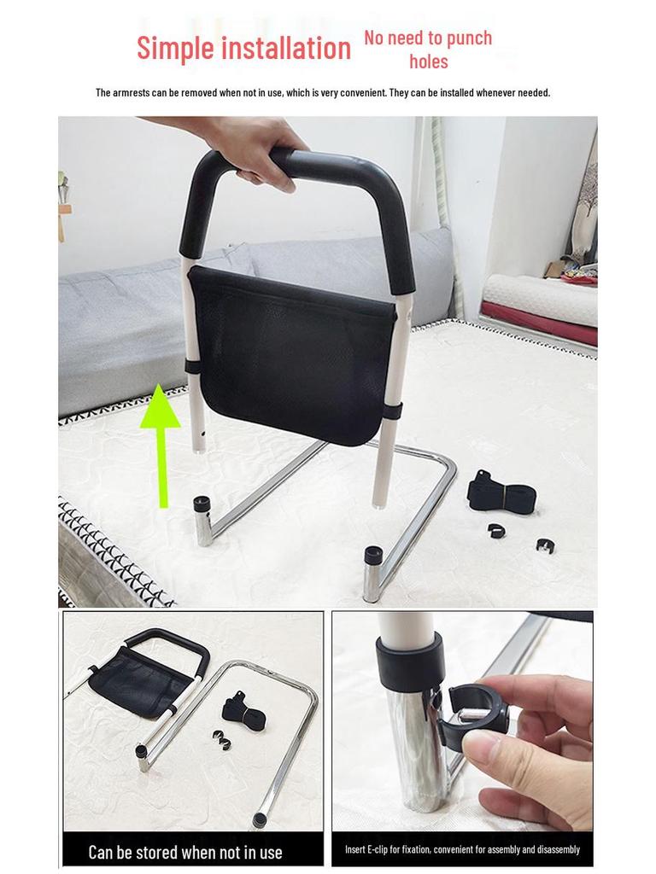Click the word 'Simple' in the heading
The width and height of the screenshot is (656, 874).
click(175, 48)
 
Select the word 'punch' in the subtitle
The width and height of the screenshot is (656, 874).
click(469, 38)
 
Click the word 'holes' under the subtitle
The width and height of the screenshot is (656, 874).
click(428, 61)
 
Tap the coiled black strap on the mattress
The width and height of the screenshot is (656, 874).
click(500, 494)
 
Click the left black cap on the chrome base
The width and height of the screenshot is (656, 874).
click(202, 504)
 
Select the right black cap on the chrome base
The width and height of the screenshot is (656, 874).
click(373, 556)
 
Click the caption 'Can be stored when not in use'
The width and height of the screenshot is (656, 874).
click(185, 852)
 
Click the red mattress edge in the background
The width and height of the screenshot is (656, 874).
click(537, 324)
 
